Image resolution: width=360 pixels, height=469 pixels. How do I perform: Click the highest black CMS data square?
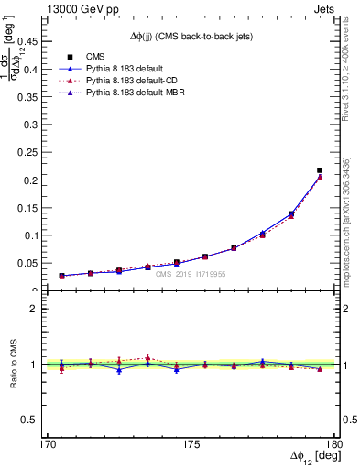(x=320, y=170)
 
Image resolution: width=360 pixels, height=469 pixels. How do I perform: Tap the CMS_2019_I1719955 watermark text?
(x=191, y=274)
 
